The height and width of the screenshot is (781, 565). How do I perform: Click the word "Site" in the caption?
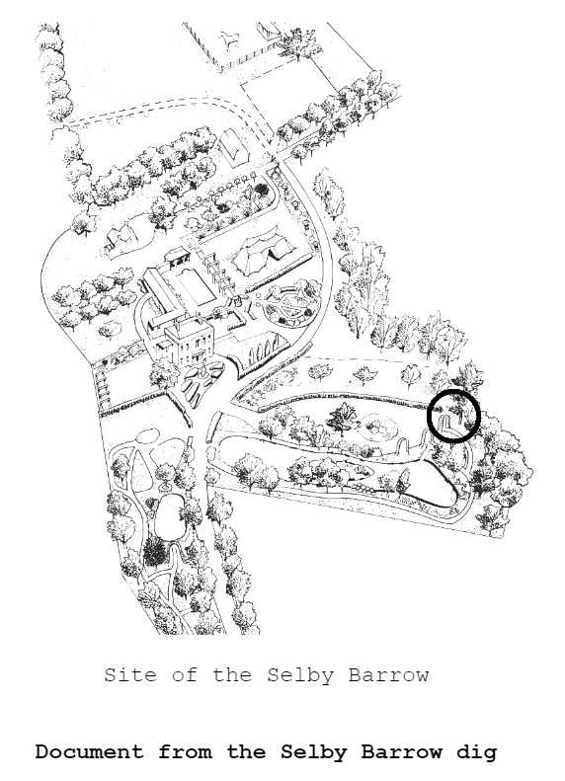[129, 675]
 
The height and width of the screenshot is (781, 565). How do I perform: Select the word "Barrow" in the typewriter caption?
[388, 675]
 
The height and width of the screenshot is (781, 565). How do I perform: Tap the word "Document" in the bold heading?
[89, 751]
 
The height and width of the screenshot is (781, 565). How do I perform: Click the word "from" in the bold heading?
[185, 751]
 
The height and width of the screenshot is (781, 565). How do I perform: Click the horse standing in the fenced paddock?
[230, 39]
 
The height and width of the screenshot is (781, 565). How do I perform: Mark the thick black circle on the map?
[454, 416]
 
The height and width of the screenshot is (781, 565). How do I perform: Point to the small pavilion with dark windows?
[179, 256]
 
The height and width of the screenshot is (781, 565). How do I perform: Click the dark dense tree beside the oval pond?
[155, 552]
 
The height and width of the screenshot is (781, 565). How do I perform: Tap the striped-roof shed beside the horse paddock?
[268, 32]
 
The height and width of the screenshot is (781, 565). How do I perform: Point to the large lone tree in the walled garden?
[343, 419]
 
